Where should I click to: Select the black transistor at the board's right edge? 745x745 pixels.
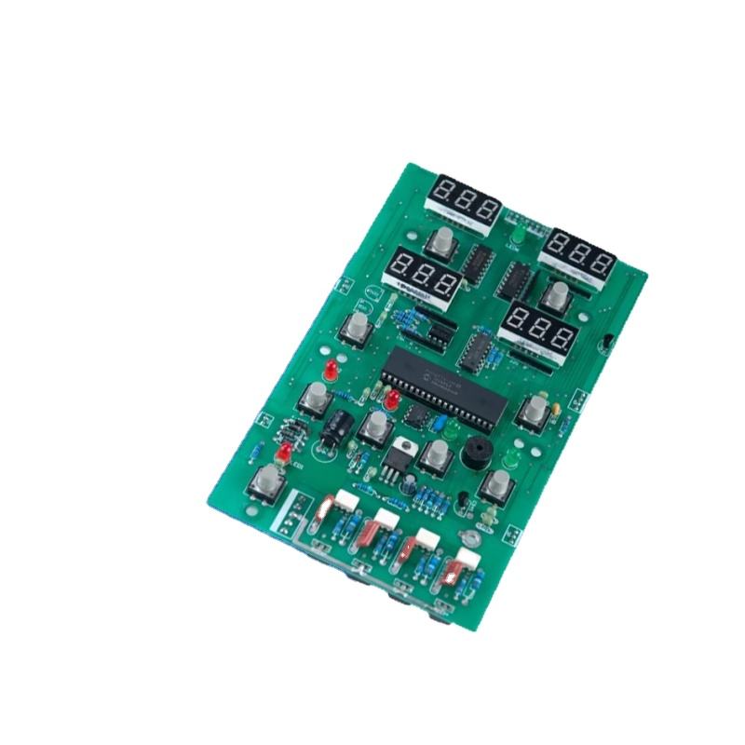tap(608, 345)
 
